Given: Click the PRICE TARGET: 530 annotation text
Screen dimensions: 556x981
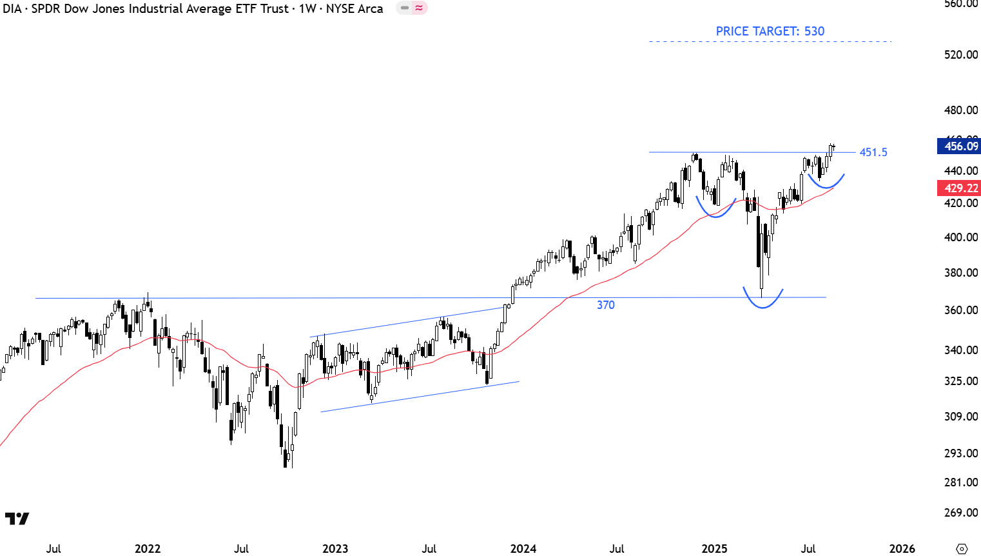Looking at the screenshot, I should click(x=770, y=31).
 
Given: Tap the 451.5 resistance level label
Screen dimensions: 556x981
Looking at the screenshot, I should click(x=873, y=152).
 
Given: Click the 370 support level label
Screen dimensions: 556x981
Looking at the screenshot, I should click(x=605, y=305).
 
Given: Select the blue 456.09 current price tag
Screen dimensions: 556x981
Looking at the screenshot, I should click(x=959, y=146).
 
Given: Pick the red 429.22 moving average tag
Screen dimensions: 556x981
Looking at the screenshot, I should click(x=959, y=188).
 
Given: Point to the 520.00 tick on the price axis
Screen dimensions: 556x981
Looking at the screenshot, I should click(x=961, y=55).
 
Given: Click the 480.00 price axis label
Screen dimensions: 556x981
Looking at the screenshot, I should click(x=961, y=110).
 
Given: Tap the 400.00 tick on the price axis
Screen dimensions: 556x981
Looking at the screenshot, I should click(x=961, y=237).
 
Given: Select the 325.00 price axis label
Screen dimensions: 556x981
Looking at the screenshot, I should click(x=961, y=381).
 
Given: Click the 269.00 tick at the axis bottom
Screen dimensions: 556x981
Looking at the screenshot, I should click(x=961, y=513).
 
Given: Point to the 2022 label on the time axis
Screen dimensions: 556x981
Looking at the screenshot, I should click(x=147, y=549).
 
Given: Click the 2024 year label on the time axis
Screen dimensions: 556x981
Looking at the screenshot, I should click(x=523, y=549).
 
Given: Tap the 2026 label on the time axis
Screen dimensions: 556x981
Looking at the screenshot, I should click(x=902, y=549).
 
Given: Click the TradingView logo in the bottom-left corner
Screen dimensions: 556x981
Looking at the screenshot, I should click(x=17, y=519).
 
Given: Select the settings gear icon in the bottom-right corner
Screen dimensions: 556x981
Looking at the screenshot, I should click(x=962, y=549).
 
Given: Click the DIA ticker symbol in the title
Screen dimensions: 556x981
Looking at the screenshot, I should click(x=13, y=9).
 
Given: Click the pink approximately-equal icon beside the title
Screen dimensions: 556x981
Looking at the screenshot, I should click(x=419, y=8).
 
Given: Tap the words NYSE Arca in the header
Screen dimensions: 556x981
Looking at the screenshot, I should click(x=355, y=9).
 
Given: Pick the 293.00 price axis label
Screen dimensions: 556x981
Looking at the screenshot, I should click(x=961, y=453).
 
